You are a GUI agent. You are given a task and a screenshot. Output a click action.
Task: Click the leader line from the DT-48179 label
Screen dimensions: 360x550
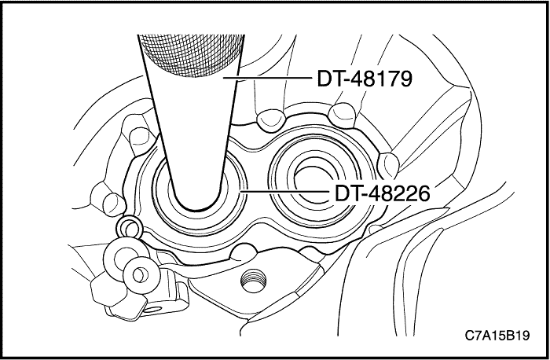pos(267,79)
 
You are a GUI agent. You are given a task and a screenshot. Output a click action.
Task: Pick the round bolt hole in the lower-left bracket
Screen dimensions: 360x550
pos(140,274)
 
